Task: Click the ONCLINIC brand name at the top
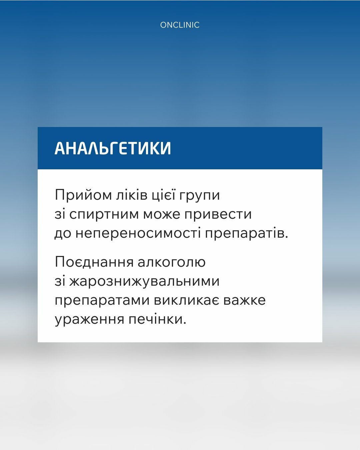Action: click(180, 25)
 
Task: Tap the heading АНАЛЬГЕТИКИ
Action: click(113, 148)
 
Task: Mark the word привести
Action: click(218, 214)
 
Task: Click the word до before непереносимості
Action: click(63, 233)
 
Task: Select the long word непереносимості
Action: click(138, 233)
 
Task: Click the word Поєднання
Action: click(94, 262)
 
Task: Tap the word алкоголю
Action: click(171, 262)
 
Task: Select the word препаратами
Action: click(102, 300)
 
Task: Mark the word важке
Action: click(244, 300)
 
